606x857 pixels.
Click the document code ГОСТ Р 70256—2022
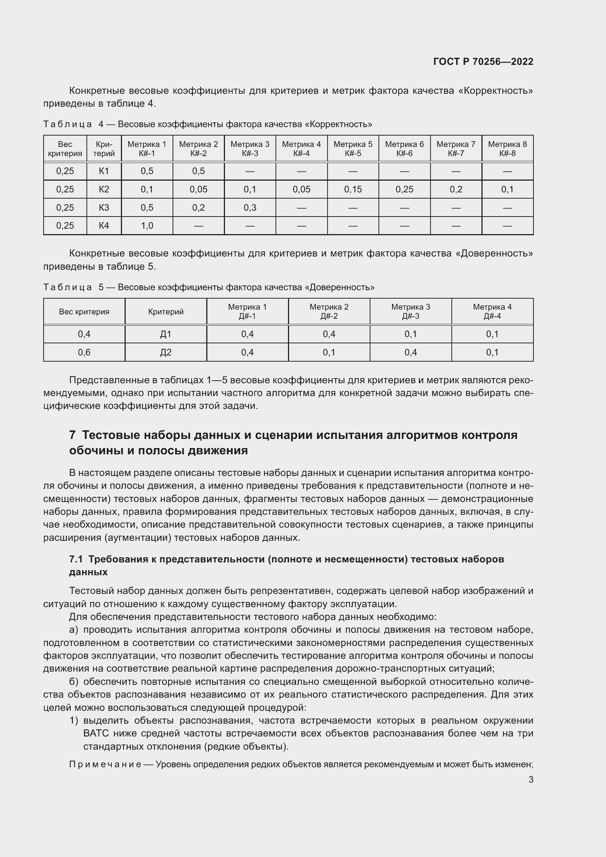pos(483,62)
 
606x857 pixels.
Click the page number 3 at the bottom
pos(531,779)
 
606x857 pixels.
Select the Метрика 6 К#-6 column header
pos(404,148)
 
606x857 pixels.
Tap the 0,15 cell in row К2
pos(352,189)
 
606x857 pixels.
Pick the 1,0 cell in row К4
pos(147,225)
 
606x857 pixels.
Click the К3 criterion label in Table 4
pos(104,207)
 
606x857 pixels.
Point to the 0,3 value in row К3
pos(250,207)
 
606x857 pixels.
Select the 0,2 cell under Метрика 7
pos(456,189)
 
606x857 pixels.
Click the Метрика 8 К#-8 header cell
pos(507,148)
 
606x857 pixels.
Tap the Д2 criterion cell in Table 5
pos(165,352)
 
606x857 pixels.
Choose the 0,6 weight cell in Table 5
pos(84,352)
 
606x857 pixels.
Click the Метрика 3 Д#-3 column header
pos(410,311)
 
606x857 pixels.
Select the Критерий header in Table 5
pos(165,312)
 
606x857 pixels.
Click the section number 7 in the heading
pos(73,435)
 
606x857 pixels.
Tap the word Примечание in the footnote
pos(105,764)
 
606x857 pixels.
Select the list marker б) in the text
pos(74,681)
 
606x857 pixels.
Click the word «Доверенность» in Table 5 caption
pos(340,287)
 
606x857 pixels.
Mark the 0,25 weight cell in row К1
pos(65,171)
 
